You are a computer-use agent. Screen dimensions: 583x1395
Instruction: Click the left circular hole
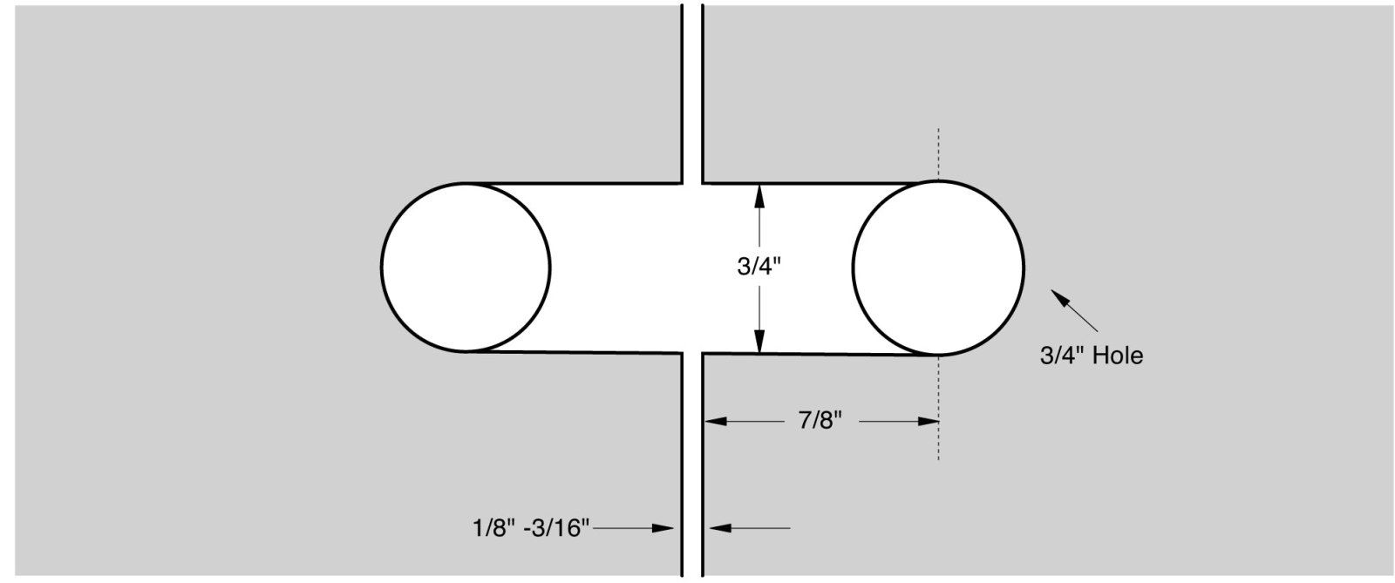(466, 267)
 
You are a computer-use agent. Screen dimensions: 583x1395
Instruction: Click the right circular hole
(938, 268)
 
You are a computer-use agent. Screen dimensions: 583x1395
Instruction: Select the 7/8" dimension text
(820, 422)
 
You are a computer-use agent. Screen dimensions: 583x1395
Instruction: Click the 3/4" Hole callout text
(1091, 356)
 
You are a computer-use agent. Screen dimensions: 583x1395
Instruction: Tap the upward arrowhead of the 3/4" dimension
(759, 196)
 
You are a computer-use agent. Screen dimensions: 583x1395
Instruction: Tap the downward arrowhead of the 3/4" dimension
(759, 341)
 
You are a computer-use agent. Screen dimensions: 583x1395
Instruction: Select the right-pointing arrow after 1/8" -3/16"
(636, 528)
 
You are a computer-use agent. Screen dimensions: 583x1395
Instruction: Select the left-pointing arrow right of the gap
(750, 528)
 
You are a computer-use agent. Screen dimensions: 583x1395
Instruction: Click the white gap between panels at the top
(691, 87)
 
